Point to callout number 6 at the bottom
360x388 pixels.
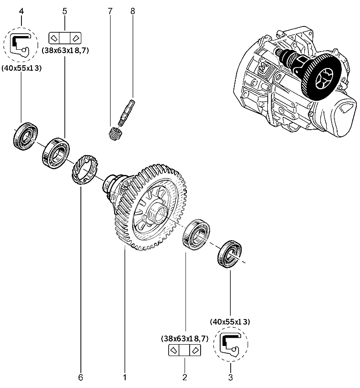(81, 378)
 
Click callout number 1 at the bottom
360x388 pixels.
(124, 378)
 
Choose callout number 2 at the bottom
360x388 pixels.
(185, 378)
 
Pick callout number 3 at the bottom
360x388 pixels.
(230, 378)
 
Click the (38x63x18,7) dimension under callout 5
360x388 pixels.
(64, 51)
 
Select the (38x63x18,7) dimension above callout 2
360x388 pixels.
(185, 339)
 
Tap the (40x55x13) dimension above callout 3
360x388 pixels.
(230, 322)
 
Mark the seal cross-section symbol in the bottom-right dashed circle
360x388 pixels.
(230, 345)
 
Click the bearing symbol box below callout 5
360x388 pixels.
(64, 37)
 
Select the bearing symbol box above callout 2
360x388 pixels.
(185, 351)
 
